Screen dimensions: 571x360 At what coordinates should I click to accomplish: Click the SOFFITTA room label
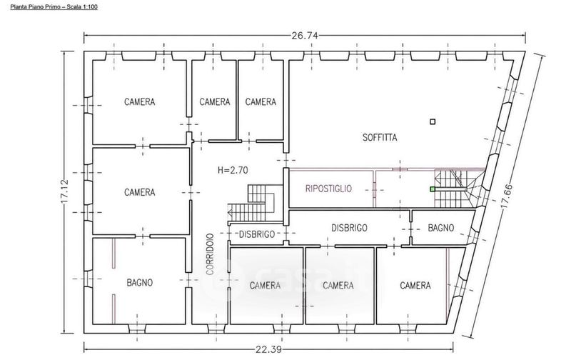380,137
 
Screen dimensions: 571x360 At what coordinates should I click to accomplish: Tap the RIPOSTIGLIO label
328,189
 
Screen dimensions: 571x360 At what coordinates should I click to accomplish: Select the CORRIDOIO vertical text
209,254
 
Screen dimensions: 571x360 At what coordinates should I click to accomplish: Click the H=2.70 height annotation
233,170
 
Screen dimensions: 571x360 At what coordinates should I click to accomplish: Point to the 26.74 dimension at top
305,35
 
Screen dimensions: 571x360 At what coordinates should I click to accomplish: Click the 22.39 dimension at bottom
268,349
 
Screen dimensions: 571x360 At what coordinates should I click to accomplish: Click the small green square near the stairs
433,189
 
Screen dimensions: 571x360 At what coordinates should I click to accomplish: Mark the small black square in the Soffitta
433,121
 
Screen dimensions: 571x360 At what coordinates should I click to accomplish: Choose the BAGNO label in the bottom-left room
139,282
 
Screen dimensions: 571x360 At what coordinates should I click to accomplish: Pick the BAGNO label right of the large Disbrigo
440,228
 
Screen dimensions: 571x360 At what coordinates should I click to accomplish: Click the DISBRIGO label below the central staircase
257,234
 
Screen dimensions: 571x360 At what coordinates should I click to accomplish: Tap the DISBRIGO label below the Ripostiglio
349,228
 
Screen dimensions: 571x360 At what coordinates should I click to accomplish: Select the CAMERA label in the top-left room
139,101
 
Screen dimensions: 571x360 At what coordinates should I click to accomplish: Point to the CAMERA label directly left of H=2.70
139,192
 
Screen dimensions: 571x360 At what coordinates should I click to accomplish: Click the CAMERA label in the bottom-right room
415,285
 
